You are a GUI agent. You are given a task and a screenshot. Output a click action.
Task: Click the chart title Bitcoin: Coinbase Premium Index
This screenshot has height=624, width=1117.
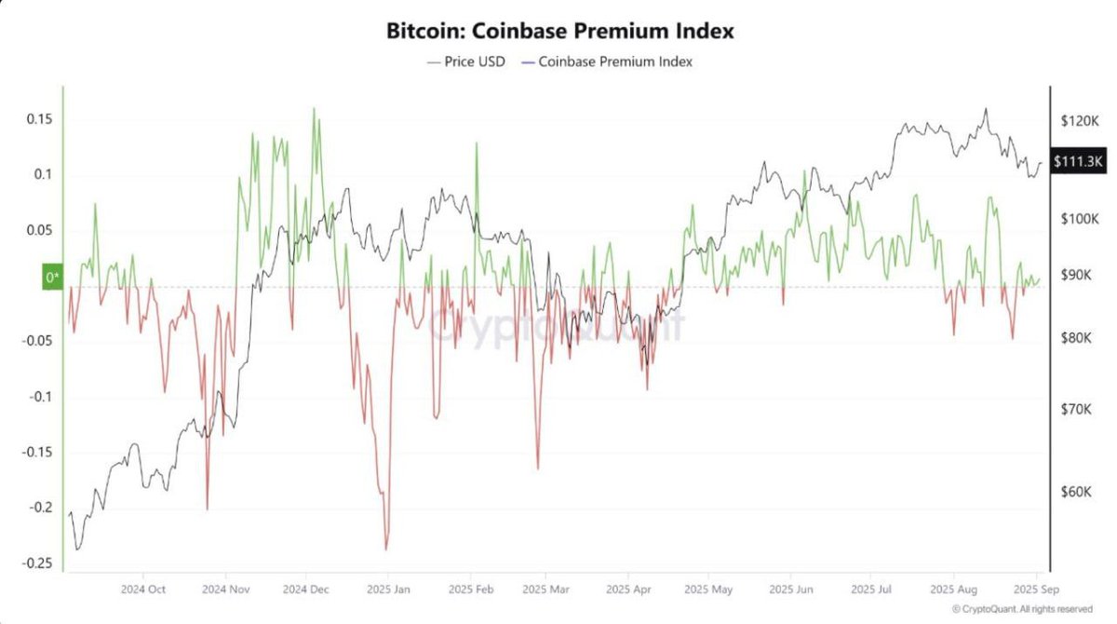pyautogui.click(x=559, y=31)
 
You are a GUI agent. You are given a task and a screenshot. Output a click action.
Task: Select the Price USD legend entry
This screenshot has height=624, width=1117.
pyautogui.click(x=465, y=61)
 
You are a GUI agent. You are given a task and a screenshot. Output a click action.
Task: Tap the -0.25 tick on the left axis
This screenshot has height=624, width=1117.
pyautogui.click(x=37, y=563)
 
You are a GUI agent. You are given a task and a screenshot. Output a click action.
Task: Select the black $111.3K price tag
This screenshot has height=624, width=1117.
pyautogui.click(x=1078, y=161)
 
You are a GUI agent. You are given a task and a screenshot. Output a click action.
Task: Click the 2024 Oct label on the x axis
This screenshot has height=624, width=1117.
pyautogui.click(x=143, y=590)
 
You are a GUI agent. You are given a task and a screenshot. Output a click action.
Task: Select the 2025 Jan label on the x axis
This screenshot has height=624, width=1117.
pyautogui.click(x=389, y=590)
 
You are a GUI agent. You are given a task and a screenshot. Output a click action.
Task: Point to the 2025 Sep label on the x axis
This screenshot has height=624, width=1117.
pyautogui.click(x=1037, y=590)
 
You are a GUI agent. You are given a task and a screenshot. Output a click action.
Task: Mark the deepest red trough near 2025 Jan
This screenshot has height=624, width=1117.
pyautogui.click(x=385, y=549)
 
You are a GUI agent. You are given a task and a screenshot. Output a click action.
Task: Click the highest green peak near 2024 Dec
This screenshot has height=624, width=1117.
pyautogui.click(x=314, y=108)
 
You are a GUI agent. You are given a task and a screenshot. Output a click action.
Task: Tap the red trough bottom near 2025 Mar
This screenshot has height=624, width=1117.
pyautogui.click(x=538, y=468)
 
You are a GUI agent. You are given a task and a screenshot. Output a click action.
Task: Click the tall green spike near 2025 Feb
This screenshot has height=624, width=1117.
pyautogui.click(x=477, y=143)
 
